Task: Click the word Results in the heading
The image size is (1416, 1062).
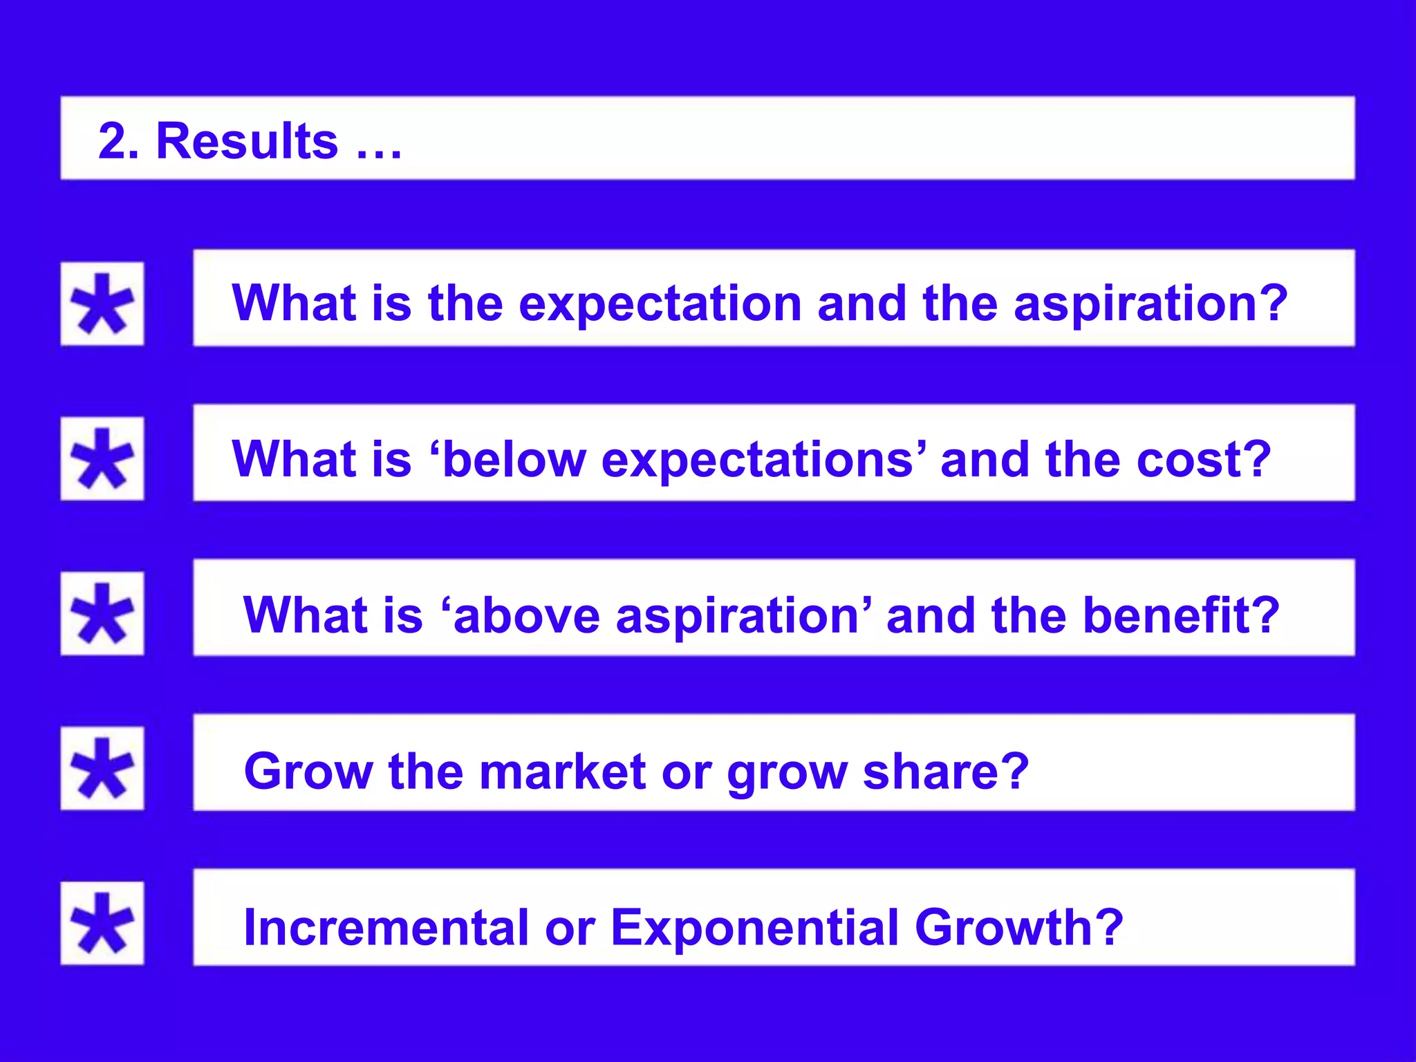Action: click(247, 141)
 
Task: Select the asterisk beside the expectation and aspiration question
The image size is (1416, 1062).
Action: click(102, 304)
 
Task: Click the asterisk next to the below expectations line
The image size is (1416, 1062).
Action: click(102, 458)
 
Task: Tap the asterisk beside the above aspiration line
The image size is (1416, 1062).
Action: click(102, 613)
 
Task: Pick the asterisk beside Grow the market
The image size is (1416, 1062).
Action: click(102, 768)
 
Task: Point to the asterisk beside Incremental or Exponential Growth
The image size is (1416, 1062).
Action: click(102, 923)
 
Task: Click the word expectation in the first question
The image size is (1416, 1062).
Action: click(660, 304)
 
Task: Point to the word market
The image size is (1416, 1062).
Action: click(563, 771)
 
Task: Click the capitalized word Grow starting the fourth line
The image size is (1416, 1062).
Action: click(308, 771)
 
